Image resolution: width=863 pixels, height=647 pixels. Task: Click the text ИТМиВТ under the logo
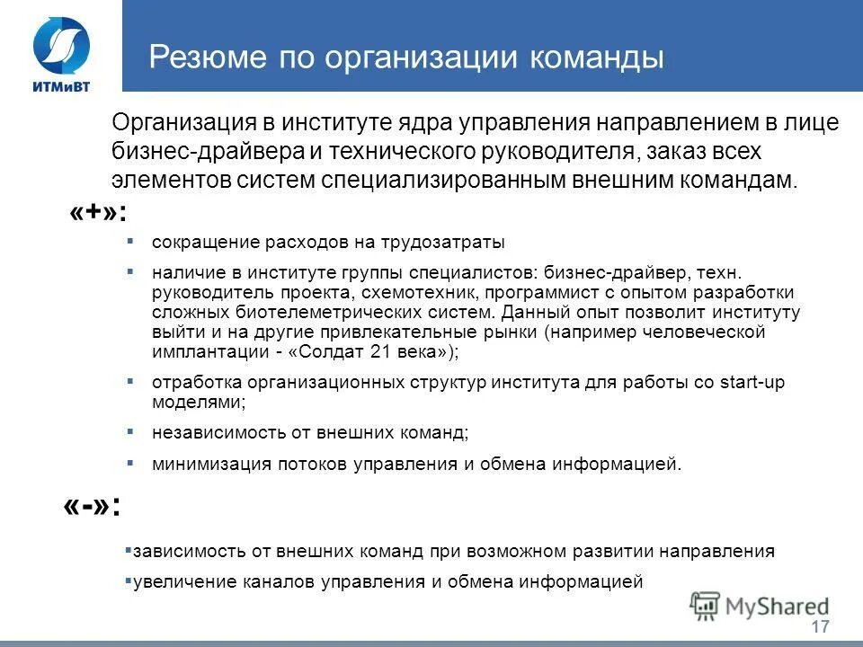[x=61, y=85]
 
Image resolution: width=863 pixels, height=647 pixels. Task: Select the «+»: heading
[x=97, y=215]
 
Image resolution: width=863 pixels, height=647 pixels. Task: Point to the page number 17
[x=819, y=626]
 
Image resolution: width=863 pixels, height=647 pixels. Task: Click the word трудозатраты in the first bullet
[x=452, y=243]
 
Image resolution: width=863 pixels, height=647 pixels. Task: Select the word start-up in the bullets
[x=752, y=383]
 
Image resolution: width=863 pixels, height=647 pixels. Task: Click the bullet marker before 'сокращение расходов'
[x=130, y=241]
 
